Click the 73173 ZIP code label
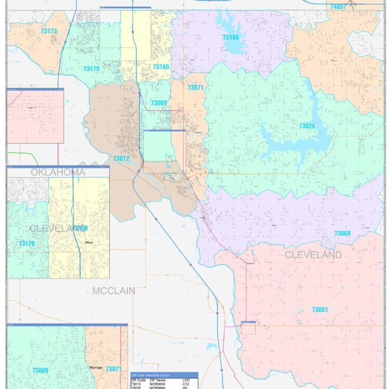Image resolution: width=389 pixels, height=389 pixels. coord(50,31)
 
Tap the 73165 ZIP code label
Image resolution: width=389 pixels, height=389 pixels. coord(230,37)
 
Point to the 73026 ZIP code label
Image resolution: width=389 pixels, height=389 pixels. coord(307,126)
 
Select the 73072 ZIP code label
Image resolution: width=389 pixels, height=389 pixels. coord(121,159)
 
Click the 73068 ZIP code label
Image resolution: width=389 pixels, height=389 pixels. coord(342,234)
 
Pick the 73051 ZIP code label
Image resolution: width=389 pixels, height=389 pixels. coord(319,309)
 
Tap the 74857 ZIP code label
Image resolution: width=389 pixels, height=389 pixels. coord(338,6)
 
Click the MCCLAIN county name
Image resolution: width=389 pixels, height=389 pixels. coord(114,291)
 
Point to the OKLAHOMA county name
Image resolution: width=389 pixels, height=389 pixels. coord(58,172)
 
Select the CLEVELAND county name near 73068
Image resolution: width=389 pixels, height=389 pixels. coord(313,255)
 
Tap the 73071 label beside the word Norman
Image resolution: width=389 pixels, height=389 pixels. coord(113,370)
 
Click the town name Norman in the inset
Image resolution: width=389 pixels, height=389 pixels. coord(95,366)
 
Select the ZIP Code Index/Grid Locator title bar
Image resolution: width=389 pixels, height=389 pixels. coord(164,375)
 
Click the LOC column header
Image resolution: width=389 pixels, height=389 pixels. coord(186,380)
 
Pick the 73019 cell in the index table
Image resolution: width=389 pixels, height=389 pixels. coord(136,384)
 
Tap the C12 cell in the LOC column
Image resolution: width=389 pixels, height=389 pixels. coord(186,384)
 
